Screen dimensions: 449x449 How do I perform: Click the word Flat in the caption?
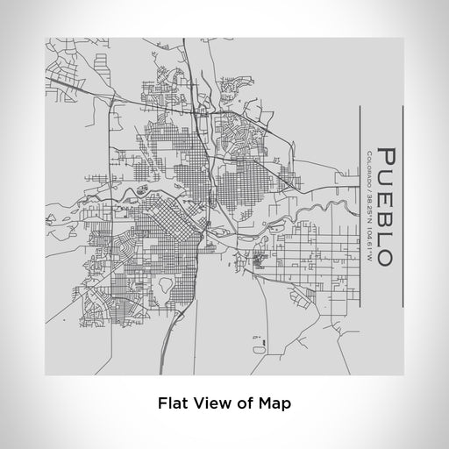tap(175, 403)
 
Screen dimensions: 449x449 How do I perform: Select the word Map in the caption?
tap(274, 403)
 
